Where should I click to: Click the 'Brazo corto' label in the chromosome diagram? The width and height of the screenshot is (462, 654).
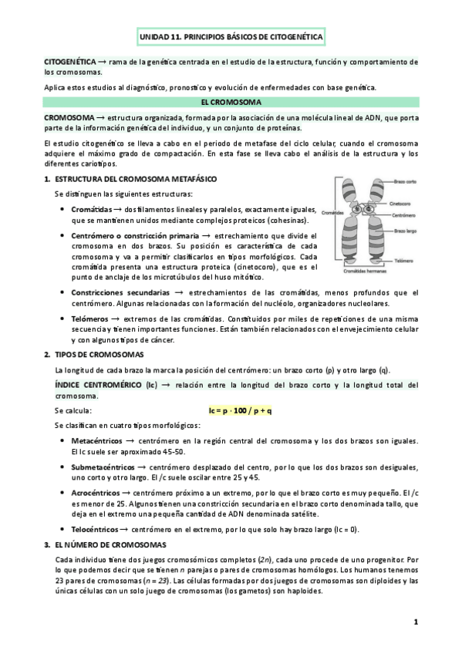click(x=406, y=181)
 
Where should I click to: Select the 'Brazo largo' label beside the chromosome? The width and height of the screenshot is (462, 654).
click(x=406, y=230)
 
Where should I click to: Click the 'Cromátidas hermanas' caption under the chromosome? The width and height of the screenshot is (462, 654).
click(x=361, y=273)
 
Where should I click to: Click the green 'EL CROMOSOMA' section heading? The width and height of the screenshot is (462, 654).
click(x=231, y=102)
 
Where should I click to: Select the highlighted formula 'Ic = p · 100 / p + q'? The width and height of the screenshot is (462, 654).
click(x=240, y=410)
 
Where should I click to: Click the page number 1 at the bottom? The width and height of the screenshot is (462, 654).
click(x=415, y=622)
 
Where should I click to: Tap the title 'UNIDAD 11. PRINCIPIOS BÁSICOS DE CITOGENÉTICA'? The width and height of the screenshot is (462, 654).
click(x=231, y=37)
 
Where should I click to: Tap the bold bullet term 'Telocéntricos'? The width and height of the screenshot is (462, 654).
click(x=99, y=530)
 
